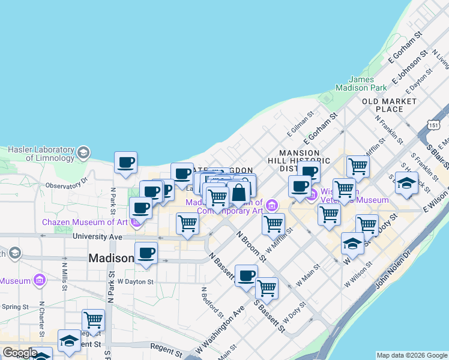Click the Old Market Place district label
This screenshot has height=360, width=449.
pyautogui.click(x=390, y=105)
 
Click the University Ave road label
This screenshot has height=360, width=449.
pyautogui.click(x=97, y=236)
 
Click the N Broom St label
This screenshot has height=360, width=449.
pyautogui.click(x=251, y=246)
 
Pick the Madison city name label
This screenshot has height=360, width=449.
pyautogui.click(x=111, y=258)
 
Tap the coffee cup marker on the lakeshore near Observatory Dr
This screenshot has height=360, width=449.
pyautogui.click(x=126, y=163)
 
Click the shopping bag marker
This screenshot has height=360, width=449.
pyautogui.click(x=238, y=193)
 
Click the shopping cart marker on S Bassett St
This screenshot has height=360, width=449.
pyautogui.click(x=267, y=287)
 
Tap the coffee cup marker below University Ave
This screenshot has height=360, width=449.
pyautogui.click(x=146, y=253)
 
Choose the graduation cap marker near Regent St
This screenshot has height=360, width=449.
pyautogui.click(x=70, y=341)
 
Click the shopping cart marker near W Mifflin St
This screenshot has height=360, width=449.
pyautogui.click(x=273, y=224)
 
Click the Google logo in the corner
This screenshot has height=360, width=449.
pyautogui.click(x=20, y=353)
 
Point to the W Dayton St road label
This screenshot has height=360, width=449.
pyautogui.click(x=136, y=281)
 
